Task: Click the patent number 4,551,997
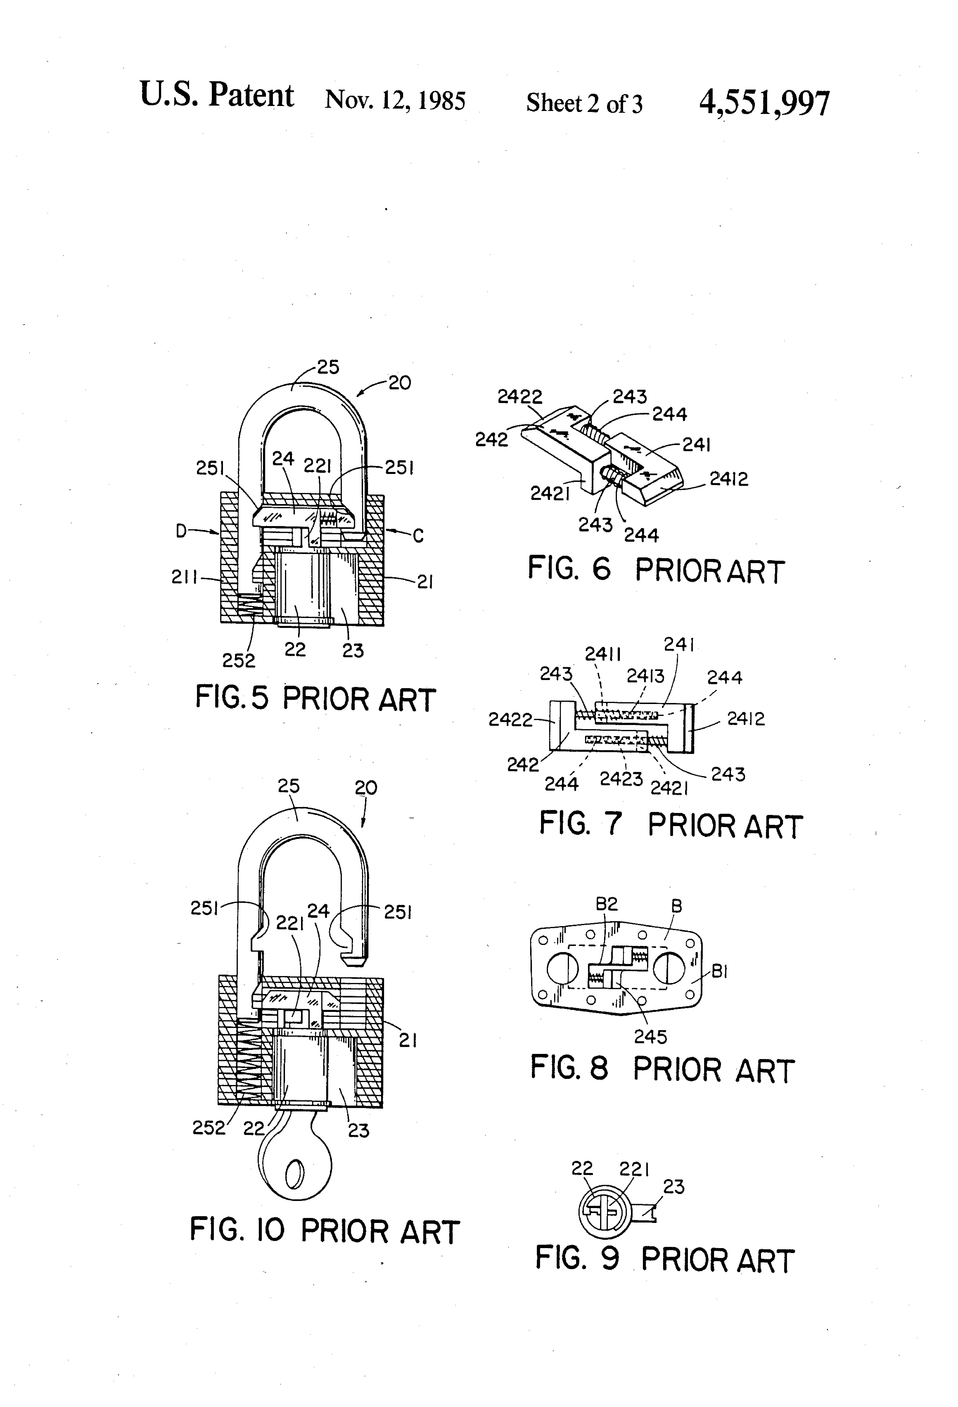pyautogui.click(x=764, y=103)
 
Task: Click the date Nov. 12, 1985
pyautogui.click(x=395, y=100)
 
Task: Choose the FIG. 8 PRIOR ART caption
pyautogui.click(x=662, y=1069)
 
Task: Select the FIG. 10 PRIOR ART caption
pyautogui.click(x=325, y=1231)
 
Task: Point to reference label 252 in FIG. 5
pyautogui.click(x=239, y=660)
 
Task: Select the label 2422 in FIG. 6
pyautogui.click(x=520, y=396)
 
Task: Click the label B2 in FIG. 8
pyautogui.click(x=607, y=904)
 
